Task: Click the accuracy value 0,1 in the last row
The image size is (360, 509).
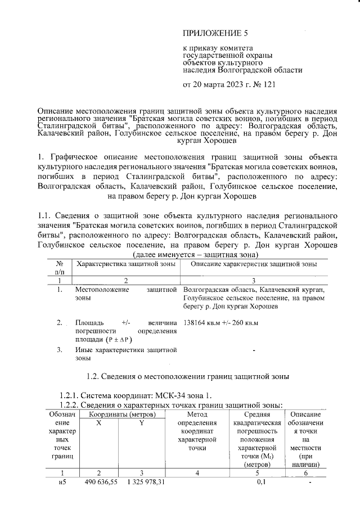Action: (x=260, y=482)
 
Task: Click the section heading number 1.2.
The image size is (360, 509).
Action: (x=93, y=376)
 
